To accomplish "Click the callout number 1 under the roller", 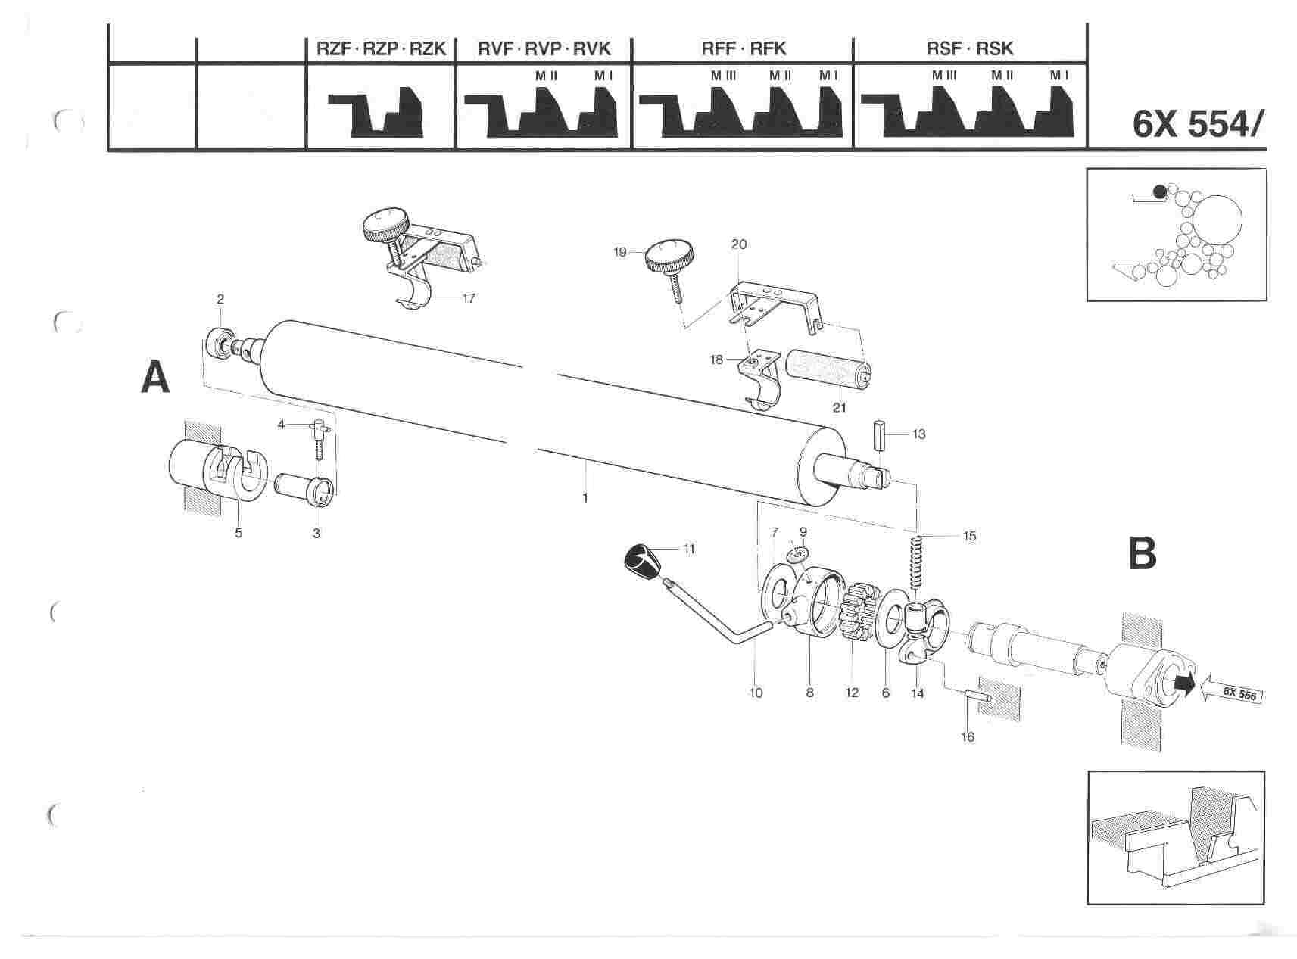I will point(585,497).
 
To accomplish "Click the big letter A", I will point(155,378).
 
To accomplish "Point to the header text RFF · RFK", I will point(744,49).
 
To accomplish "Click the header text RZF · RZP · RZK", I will point(381,49).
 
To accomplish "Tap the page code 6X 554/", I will point(1198,125).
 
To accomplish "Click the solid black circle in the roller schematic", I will point(1160,191).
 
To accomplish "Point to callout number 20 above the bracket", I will point(739,244).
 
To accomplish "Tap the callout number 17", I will point(469,298).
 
